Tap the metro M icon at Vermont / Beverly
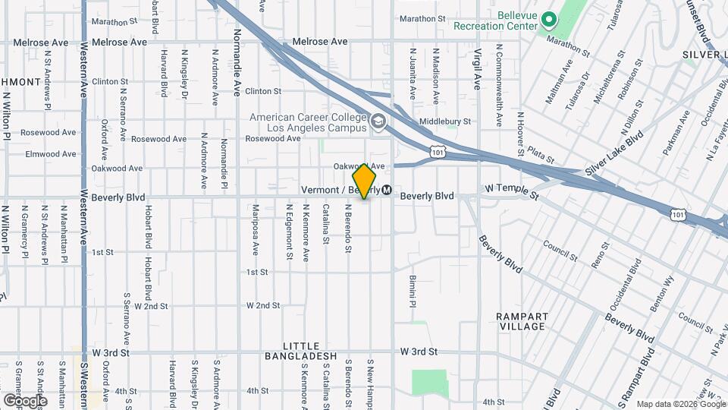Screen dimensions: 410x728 point(387,190)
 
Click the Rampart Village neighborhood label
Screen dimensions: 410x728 point(521,321)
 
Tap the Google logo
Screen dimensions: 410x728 point(25,400)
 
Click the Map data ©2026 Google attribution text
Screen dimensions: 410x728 point(680,404)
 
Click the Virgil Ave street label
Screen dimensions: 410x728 point(477,71)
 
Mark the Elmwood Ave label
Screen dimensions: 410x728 point(51,153)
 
